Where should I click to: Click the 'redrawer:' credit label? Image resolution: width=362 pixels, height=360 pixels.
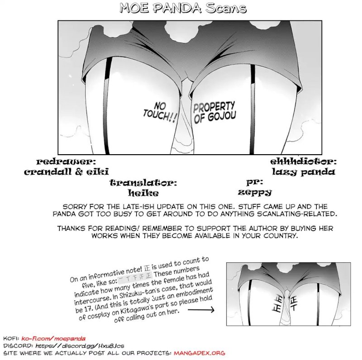[x=66, y=161]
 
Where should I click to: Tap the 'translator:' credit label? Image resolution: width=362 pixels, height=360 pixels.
[x=143, y=183]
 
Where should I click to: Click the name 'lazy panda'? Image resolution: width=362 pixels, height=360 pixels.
[x=304, y=171]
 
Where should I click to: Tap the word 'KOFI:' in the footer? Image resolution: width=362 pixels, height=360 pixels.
[x=11, y=338]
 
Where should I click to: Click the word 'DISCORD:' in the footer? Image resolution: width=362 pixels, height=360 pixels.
[x=17, y=346]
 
